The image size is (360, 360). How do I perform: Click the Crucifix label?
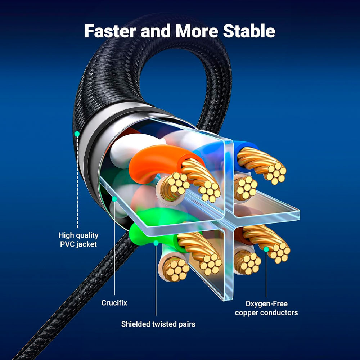coord(114,303)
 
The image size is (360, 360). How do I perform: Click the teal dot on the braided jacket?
coord(77,134)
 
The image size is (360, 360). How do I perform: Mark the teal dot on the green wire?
coord(156,243)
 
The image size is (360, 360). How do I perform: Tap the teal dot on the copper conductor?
coord(266,249)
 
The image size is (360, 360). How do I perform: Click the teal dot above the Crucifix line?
coord(114,198)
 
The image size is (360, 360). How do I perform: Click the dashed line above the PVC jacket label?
coord(77,180)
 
